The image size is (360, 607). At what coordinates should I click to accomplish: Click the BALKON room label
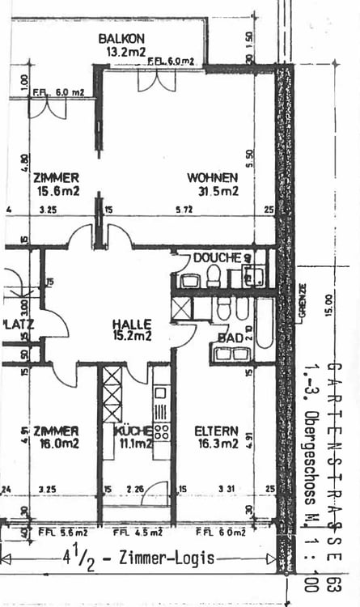coord(121,38)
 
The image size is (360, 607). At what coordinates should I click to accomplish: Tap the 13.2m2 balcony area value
coord(125,51)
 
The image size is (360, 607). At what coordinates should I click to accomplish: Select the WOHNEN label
coord(213,178)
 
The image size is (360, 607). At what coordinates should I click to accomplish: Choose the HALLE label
coord(133,324)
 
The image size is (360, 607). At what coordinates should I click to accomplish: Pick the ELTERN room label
coord(216,430)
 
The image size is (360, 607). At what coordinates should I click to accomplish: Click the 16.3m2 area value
coord(218,444)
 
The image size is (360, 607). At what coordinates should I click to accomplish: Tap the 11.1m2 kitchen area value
coord(133,444)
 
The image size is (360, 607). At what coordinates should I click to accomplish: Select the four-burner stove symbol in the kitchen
coord(161,431)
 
